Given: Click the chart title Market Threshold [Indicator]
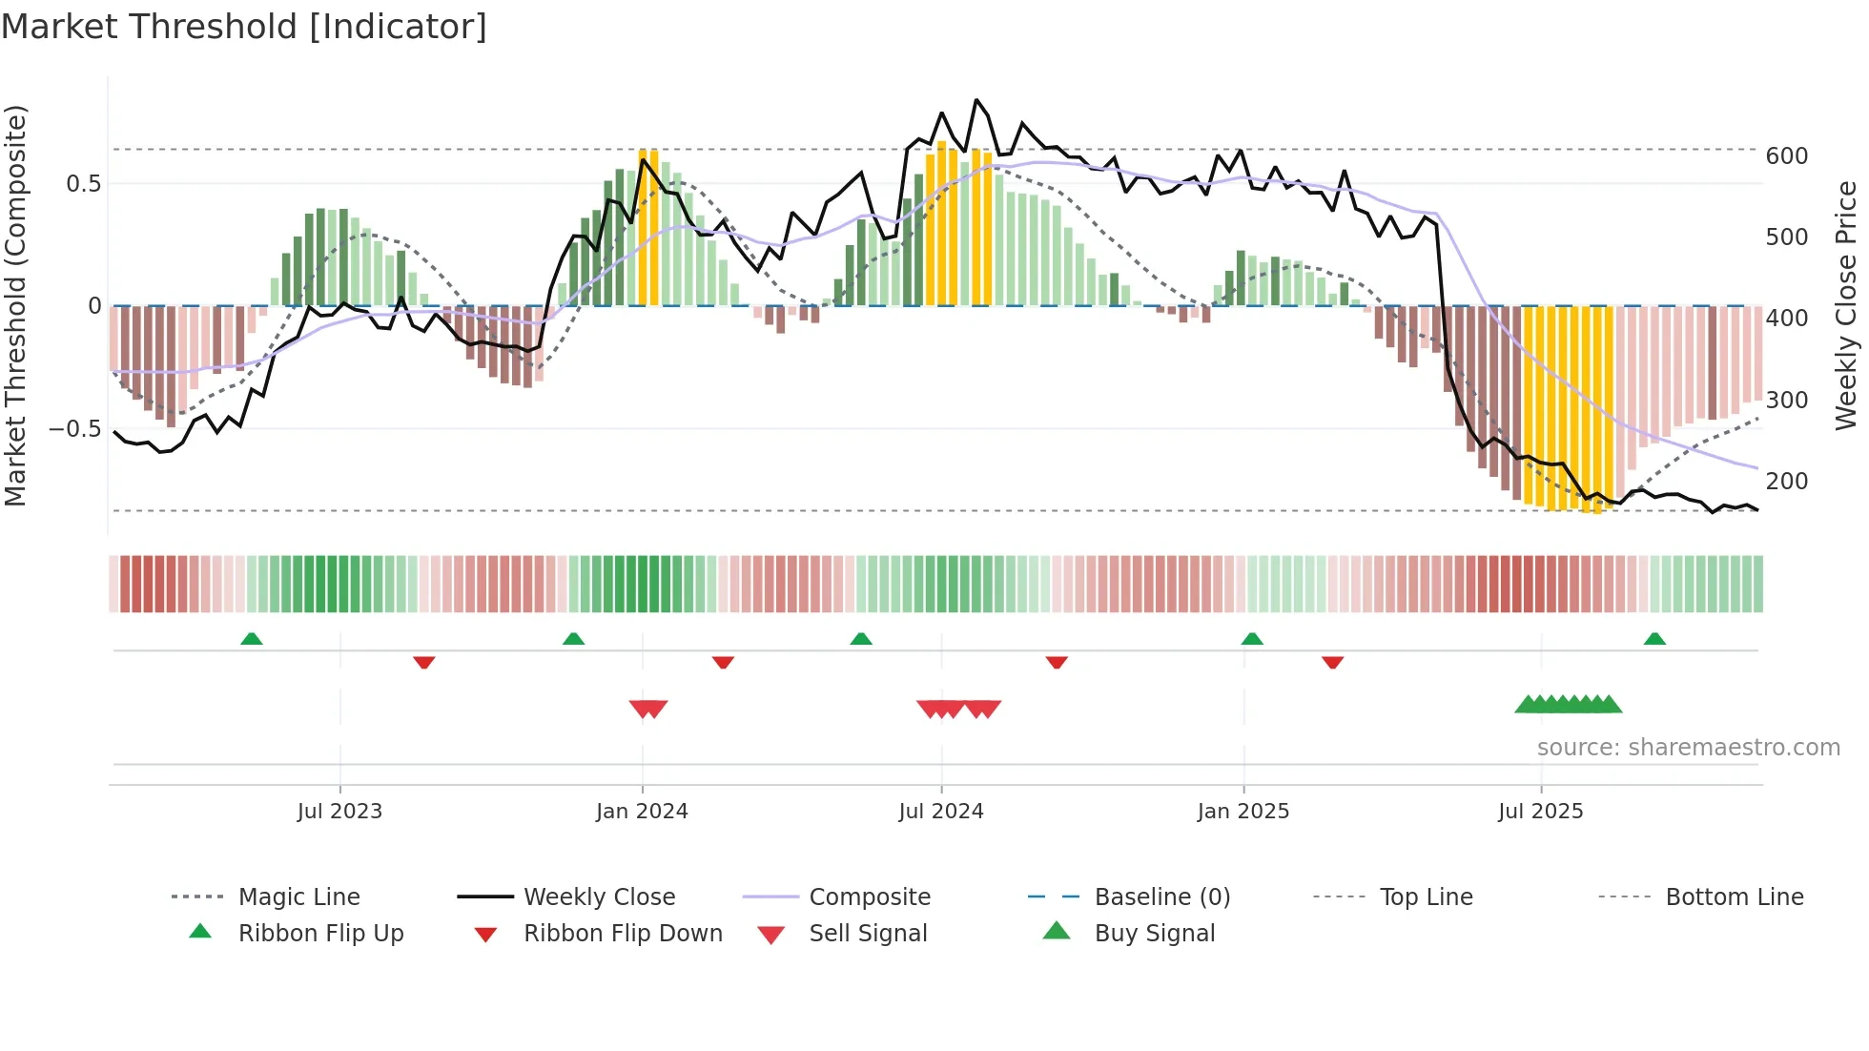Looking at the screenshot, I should (244, 27).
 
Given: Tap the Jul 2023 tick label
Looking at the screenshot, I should (339, 812).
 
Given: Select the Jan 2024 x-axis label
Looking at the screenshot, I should (642, 812).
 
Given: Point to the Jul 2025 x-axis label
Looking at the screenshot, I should (1540, 812).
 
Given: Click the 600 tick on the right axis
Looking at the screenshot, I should (1787, 156).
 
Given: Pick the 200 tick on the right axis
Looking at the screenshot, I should (1787, 482).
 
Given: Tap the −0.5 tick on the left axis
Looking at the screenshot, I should (74, 429).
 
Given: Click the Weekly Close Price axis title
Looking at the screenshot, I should (1846, 305).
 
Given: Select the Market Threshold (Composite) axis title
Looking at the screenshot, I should (15, 305).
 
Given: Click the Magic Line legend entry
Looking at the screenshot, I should (298, 897).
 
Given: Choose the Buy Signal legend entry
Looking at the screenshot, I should (1154, 934).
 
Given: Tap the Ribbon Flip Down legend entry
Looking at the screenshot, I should (622, 934).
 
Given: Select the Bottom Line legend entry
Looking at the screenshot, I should (1734, 897).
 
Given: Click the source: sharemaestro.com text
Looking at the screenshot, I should (1688, 748).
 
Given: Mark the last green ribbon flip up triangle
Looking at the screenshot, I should (1654, 639).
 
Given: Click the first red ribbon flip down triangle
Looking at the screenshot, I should (424, 662).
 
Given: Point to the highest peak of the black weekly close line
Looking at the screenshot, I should (976, 100).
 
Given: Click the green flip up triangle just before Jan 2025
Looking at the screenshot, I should (1252, 639).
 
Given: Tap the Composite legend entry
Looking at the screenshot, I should (869, 897).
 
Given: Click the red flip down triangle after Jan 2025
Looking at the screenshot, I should (1333, 662).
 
